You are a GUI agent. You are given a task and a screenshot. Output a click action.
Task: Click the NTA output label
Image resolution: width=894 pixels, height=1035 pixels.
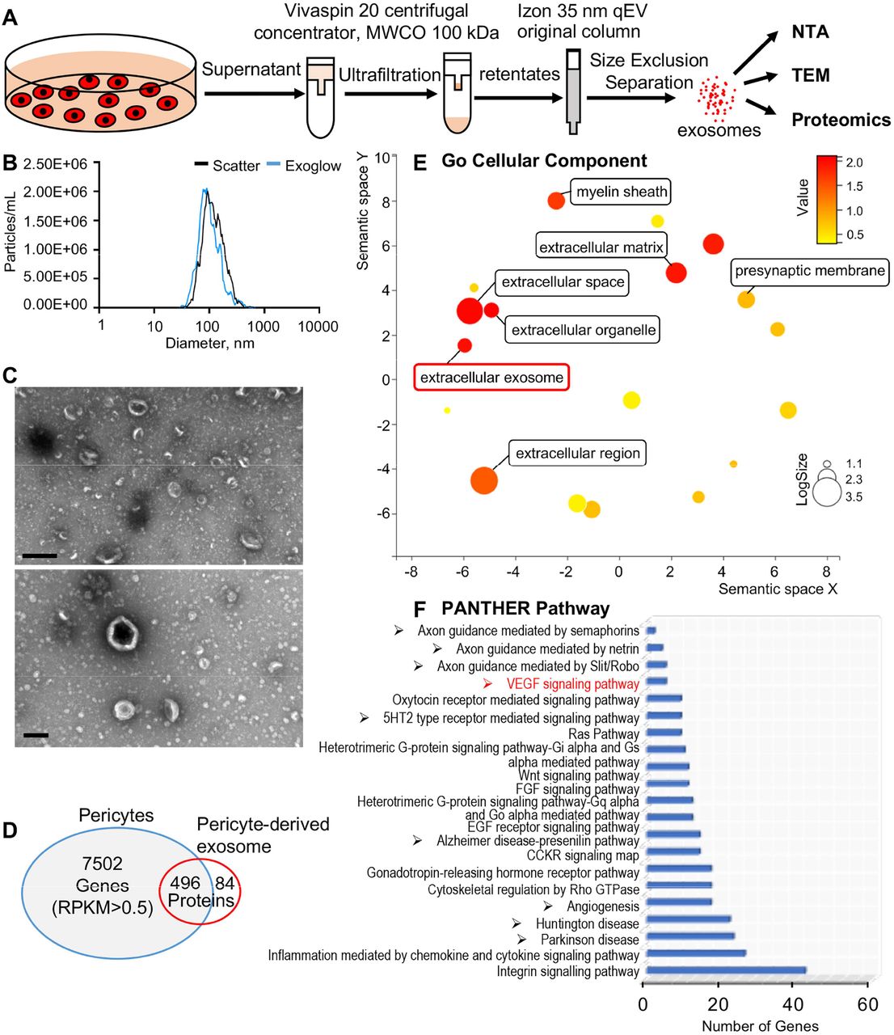[810, 32]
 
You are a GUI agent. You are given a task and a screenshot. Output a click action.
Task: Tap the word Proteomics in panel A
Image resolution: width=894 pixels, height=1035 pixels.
[841, 120]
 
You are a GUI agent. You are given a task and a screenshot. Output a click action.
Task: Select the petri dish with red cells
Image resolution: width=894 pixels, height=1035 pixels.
[100, 88]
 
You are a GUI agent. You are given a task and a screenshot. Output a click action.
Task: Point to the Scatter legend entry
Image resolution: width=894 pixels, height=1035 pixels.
[227, 166]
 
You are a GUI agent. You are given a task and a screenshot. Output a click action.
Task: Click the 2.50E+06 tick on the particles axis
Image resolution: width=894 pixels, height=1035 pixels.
[55, 164]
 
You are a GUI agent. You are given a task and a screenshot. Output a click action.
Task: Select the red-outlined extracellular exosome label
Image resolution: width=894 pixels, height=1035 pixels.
[491, 378]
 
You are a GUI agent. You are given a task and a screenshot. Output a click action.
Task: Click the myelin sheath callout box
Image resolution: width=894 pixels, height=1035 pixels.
[621, 192]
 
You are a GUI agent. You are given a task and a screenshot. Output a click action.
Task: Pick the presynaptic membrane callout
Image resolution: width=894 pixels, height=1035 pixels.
[809, 271]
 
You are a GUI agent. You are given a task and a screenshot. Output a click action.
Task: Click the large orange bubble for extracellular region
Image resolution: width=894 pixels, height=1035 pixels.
[483, 481]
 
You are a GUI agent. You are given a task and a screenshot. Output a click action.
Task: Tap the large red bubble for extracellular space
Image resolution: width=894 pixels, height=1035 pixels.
[469, 310]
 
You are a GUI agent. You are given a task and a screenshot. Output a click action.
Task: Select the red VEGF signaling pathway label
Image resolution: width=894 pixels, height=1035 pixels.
[572, 684]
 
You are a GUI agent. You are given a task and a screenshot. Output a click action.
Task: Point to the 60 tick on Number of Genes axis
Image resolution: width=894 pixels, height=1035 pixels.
[867, 1005]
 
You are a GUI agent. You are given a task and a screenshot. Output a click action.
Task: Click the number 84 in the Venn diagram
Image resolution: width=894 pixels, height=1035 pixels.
[224, 884]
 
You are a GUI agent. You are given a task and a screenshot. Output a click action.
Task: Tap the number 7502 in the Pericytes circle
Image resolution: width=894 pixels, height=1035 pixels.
[102, 864]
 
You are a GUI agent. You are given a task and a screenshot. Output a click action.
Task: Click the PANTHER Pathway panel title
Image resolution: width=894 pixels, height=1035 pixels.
[525, 608]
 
